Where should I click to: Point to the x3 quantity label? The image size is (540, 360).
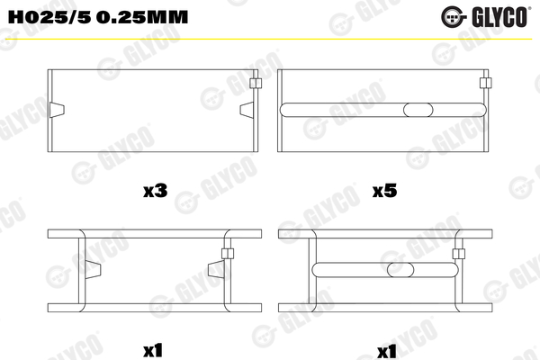(155, 191)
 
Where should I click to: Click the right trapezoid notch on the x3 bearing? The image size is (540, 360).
(245, 110)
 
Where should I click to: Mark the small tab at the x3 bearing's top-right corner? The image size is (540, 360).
(256, 84)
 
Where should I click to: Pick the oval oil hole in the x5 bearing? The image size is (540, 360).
(418, 110)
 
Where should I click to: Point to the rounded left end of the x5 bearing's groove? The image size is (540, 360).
(286, 110)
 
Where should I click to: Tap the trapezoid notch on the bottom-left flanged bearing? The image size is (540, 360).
(216, 267)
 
